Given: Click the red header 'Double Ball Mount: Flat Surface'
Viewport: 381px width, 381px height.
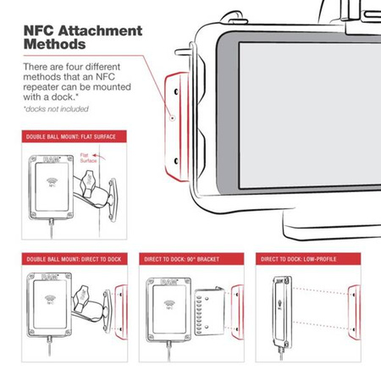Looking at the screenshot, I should point(69,136).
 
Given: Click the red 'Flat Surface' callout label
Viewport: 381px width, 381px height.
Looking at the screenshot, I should point(89,158).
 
